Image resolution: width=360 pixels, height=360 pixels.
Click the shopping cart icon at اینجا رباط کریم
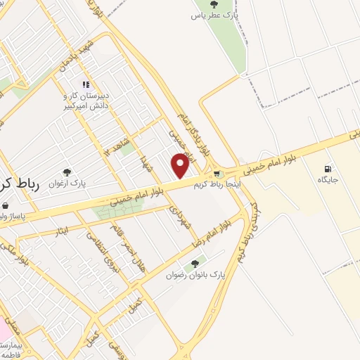click(217, 174)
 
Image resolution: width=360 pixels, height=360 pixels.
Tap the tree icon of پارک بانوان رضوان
click(195, 264)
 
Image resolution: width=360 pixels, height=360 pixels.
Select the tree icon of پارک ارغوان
click(67, 172)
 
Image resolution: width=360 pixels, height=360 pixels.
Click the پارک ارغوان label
click(67, 183)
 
